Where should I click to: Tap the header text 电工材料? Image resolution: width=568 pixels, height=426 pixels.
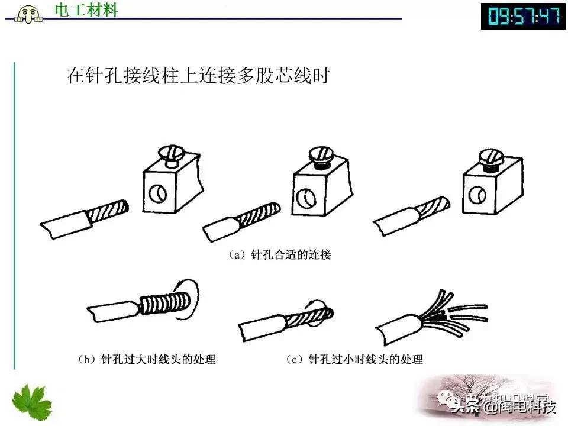[x=86, y=10]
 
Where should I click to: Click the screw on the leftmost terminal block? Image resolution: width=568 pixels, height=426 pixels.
[x=169, y=153]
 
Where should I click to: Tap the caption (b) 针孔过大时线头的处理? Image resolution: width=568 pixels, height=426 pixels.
[x=146, y=359]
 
